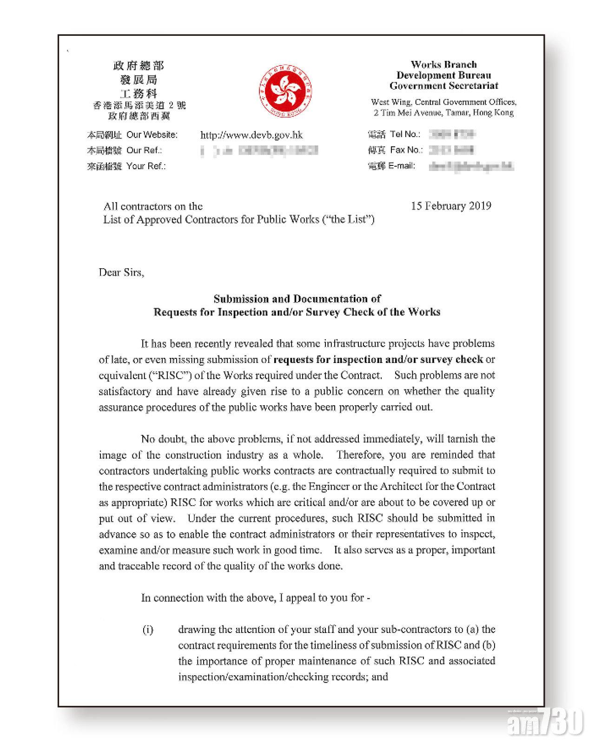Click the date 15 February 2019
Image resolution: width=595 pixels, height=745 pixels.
point(451,206)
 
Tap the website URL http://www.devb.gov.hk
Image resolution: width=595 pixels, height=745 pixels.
point(251,135)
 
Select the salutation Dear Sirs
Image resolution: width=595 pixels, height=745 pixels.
point(121,272)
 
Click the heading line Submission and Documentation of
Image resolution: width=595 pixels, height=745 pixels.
point(297,299)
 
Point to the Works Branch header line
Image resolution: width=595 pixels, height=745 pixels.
point(443,65)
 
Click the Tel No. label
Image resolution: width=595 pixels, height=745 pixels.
point(405,134)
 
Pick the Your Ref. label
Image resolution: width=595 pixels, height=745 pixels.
point(146,166)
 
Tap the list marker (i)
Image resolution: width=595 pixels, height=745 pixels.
point(147,630)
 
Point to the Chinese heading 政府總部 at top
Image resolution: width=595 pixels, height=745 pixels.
point(139,66)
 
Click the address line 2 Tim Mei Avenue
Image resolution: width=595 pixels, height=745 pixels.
point(443,113)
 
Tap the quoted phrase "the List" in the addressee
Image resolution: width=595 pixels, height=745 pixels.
point(349,220)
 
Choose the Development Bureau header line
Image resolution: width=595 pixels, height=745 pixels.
point(443,75)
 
